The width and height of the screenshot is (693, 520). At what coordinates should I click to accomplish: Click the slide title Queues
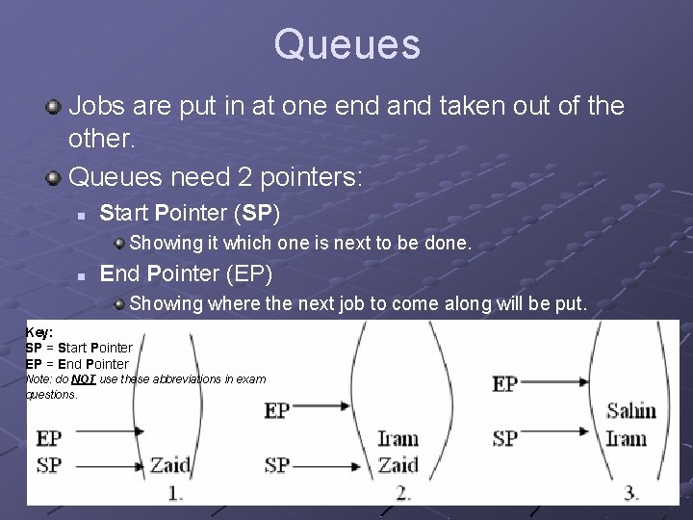pyautogui.click(x=346, y=44)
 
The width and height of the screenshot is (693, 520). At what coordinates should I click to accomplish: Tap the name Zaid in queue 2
pyautogui.click(x=397, y=465)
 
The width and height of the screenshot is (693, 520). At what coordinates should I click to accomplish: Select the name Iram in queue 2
pyautogui.click(x=397, y=439)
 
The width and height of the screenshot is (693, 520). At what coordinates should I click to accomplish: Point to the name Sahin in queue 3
pyautogui.click(x=630, y=411)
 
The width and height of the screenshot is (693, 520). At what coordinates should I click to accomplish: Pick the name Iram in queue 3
pyautogui.click(x=626, y=439)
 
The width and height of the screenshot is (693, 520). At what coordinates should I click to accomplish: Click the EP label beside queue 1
pyautogui.click(x=49, y=439)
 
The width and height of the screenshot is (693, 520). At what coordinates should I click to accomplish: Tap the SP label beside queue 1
pyautogui.click(x=49, y=465)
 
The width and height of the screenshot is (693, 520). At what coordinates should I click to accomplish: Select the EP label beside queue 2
pyautogui.click(x=276, y=411)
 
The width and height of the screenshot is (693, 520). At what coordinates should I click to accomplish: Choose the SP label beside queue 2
pyautogui.click(x=276, y=465)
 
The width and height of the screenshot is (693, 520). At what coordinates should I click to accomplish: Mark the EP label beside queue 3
pyautogui.click(x=505, y=383)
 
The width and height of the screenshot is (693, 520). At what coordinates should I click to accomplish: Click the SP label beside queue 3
pyautogui.click(x=505, y=439)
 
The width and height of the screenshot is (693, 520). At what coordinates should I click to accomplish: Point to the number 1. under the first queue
pyautogui.click(x=176, y=492)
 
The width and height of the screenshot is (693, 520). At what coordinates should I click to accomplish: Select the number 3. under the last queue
pyautogui.click(x=631, y=492)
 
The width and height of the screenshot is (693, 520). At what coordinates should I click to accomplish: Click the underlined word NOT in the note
pyautogui.click(x=83, y=379)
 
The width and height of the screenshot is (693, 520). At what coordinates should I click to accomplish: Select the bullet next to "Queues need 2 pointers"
pyautogui.click(x=56, y=176)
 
